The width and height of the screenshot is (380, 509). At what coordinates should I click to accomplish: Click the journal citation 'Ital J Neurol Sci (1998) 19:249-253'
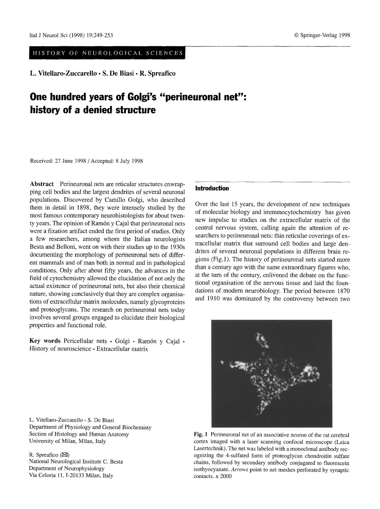tap(71, 35)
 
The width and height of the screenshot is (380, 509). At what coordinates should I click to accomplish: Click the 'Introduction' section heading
tap(212, 188)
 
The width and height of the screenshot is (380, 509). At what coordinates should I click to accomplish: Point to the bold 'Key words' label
tap(45, 341)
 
